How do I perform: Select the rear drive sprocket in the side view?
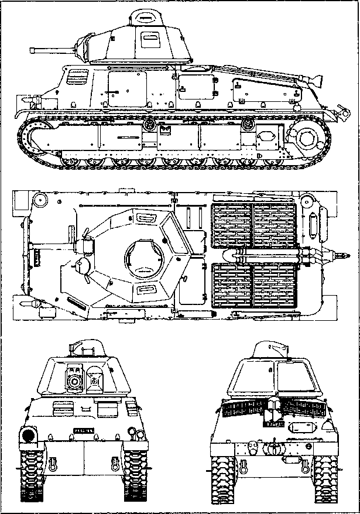(307, 139)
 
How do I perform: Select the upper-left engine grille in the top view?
(232, 222)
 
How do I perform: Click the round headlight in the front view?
(28, 436)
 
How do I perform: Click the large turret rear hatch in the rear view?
(293, 380)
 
